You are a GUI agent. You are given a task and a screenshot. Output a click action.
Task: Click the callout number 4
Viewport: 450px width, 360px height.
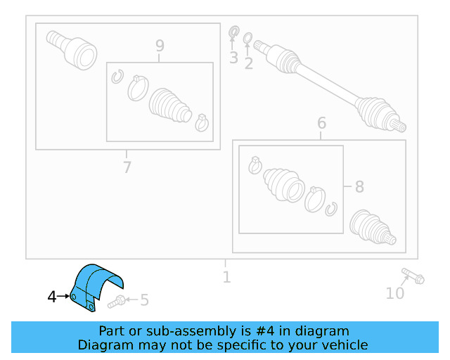tap(51, 297)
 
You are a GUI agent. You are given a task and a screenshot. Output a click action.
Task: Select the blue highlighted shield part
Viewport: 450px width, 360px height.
tap(96, 285)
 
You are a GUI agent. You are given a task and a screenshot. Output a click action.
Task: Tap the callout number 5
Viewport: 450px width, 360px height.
tap(144, 301)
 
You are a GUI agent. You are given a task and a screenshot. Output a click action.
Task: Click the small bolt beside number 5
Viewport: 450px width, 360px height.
tap(117, 302)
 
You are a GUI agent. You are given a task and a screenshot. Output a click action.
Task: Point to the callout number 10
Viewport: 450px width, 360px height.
tap(395, 292)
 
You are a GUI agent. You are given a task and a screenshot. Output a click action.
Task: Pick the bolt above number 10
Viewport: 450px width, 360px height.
tap(413, 276)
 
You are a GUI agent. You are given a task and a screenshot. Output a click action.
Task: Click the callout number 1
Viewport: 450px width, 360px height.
tap(226, 277)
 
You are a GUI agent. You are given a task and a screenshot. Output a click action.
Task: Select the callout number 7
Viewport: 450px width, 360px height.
tap(127, 167)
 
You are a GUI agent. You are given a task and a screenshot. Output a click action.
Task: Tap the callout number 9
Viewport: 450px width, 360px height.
tap(160, 46)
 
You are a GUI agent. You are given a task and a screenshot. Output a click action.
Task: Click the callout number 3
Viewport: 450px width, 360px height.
tap(233, 58)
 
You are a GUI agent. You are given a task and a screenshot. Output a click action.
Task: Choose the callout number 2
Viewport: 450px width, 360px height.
tap(248, 63)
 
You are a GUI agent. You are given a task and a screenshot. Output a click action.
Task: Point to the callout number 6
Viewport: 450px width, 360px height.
tap(321, 124)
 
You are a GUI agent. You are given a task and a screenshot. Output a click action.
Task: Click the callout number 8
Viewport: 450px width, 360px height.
tap(359, 187)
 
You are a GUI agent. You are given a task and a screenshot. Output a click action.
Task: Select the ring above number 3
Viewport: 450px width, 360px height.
tap(235, 32)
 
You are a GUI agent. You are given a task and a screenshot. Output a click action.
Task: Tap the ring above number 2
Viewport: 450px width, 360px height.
tap(248, 37)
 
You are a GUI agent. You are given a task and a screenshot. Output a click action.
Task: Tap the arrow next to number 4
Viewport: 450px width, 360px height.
tap(64, 297)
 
